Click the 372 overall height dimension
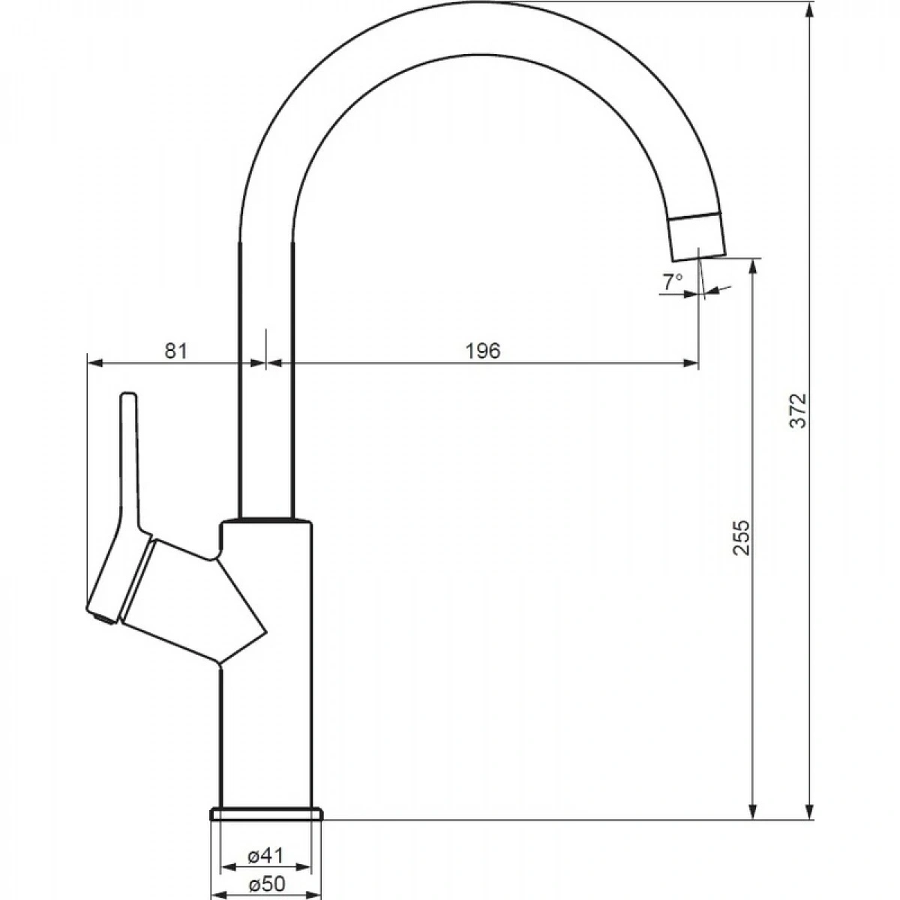(798, 410)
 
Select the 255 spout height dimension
(741, 538)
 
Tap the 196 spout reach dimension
(483, 351)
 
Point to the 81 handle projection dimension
(176, 351)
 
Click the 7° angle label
(673, 282)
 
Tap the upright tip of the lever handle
(129, 396)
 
